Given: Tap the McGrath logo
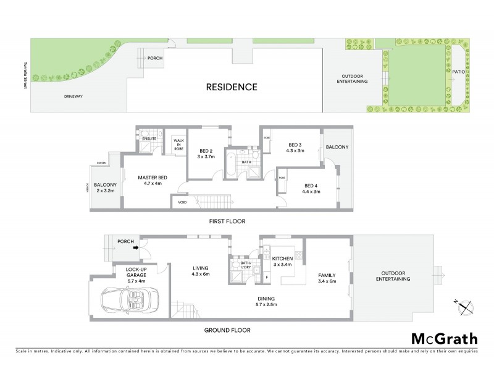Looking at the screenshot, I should point(444,338).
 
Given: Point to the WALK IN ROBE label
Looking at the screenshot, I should point(179,145).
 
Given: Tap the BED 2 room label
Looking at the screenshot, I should point(206,150).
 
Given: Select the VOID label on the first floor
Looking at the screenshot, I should point(182,202).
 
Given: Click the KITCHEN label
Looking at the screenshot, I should point(282,258).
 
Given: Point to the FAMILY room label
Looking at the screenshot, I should point(327,275).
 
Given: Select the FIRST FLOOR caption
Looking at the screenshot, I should point(227,221).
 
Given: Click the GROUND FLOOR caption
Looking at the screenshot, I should point(227,330).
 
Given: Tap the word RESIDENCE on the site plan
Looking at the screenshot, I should point(232,87).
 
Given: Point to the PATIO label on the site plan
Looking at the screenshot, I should point(458,72).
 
